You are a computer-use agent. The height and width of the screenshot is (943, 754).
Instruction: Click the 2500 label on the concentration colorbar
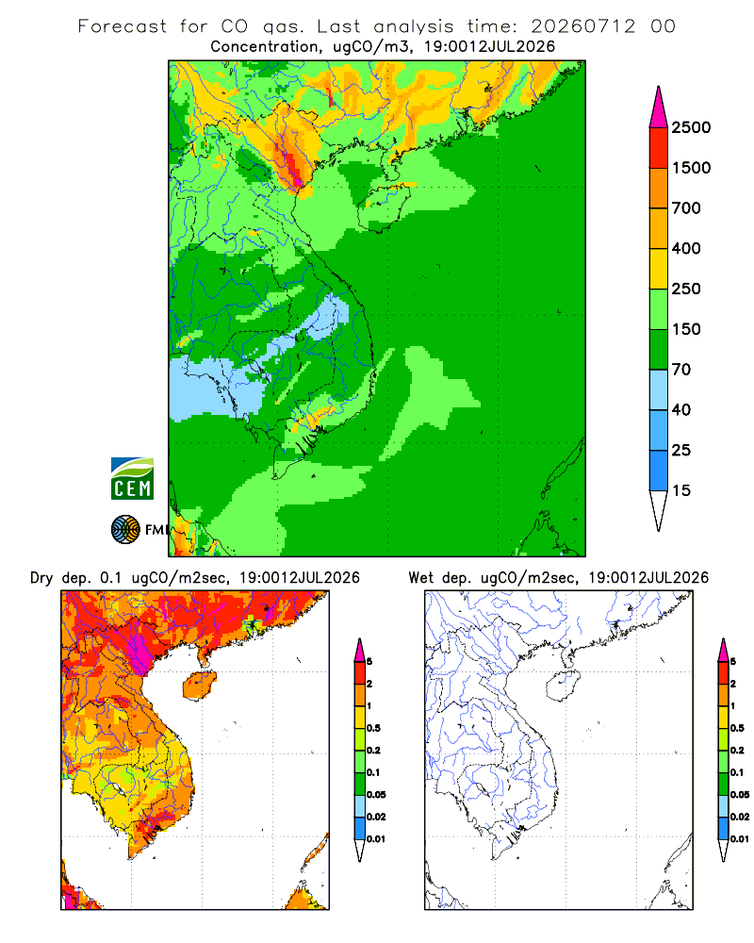coord(691,127)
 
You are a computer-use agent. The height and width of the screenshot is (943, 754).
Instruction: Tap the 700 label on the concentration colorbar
coord(686,208)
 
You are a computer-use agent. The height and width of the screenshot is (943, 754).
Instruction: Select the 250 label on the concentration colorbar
coord(686,289)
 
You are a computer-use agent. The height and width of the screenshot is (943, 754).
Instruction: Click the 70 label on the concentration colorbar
coord(681,370)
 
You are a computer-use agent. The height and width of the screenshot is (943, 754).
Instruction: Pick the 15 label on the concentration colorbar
coord(681,490)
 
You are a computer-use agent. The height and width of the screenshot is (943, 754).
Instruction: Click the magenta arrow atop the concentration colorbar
coord(659,107)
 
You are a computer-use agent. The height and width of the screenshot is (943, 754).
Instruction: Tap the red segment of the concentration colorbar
coord(659,148)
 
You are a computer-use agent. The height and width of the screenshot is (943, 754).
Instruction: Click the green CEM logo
coord(132,479)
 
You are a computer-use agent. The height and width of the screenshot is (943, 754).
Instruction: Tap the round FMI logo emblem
coord(125,530)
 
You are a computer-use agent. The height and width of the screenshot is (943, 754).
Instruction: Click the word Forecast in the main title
coord(123,26)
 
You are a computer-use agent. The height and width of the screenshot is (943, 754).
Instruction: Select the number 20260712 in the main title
coord(583,26)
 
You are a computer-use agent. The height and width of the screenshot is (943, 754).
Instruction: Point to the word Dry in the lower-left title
coord(41,578)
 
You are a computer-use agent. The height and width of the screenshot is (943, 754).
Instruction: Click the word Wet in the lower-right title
coord(421,578)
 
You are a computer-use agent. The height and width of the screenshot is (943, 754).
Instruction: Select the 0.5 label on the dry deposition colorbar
coord(373,728)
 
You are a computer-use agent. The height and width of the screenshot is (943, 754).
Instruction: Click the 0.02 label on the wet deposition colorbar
coord(740,817)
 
